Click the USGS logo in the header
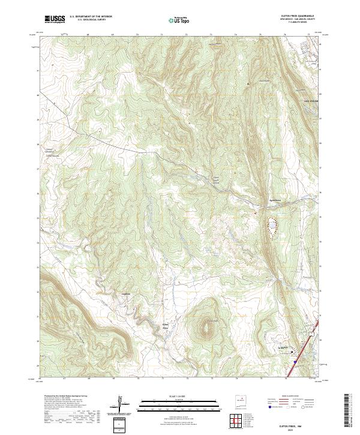click(55, 19)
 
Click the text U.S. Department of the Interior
click(91, 17)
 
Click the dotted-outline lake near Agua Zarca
click(273, 227)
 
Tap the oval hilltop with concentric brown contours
click(208, 327)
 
